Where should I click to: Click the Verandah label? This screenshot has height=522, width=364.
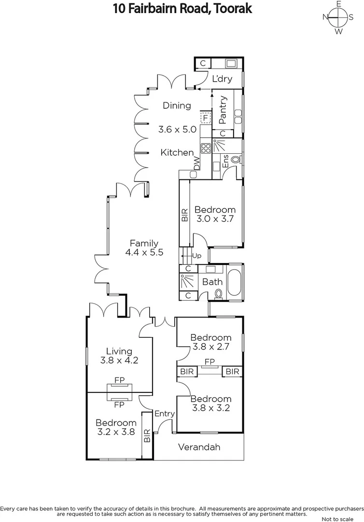tap(199, 447)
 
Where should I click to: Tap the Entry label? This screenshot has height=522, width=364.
tap(164, 414)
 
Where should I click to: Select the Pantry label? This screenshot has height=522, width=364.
tap(223, 109)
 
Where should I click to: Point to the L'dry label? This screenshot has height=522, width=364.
tap(222, 79)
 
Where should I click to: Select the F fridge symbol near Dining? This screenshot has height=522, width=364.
tap(206, 117)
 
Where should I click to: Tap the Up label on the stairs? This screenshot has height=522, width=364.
tap(196, 255)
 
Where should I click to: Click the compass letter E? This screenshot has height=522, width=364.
tap(339, 4)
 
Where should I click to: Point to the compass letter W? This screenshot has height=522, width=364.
tap(339, 31)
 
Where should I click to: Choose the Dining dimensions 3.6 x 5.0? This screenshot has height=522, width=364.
tap(177, 130)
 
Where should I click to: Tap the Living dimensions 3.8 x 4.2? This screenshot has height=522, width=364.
tap(119, 360)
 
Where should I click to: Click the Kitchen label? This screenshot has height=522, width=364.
tap(177, 152)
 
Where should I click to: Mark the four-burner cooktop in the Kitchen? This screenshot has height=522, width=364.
tap(206, 148)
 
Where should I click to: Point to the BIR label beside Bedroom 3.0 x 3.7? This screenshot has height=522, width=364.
tap(184, 215)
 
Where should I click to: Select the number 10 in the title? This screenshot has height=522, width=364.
tap(120, 9)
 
